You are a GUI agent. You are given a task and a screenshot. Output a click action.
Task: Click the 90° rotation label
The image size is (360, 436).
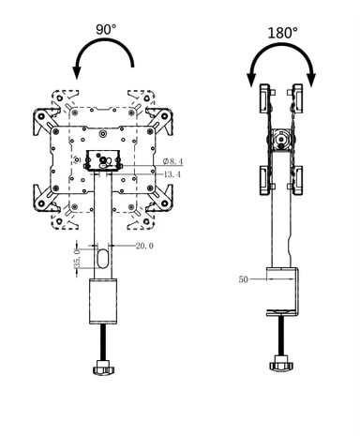[x=106, y=29]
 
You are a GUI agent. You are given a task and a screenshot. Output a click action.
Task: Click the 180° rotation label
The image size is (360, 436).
[x=283, y=33]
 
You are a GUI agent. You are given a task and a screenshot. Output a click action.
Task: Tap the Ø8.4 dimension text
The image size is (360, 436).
[x=172, y=161]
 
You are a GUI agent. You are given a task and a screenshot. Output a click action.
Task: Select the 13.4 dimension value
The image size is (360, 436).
[x=172, y=174]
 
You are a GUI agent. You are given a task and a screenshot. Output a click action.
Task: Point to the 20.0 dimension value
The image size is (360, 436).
[x=144, y=246]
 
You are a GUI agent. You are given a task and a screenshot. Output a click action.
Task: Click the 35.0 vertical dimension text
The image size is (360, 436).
[x=77, y=258]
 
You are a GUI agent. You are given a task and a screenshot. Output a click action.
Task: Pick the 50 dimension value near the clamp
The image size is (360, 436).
[x=244, y=279]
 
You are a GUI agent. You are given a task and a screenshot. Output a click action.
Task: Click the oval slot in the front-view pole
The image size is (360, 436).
[x=103, y=259]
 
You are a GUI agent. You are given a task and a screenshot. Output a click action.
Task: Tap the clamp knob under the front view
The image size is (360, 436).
[x=104, y=367]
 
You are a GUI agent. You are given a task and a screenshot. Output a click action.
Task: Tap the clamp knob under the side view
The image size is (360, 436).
[x=281, y=364]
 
